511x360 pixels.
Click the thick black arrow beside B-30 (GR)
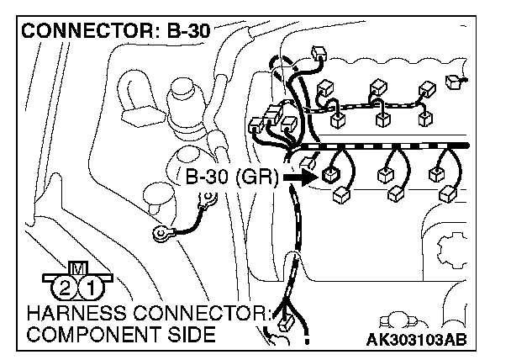[298, 177]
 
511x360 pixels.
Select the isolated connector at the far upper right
[456, 82]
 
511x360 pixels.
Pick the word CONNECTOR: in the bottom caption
[207, 314]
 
